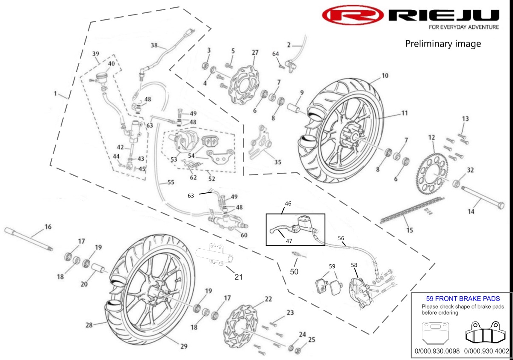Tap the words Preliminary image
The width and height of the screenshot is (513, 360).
pyautogui.click(x=443, y=44)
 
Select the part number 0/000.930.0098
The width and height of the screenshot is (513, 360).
pyautogui.click(x=437, y=351)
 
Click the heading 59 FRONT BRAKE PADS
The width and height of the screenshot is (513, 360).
pyautogui.click(x=463, y=299)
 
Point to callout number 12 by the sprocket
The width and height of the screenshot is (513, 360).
pyautogui.click(x=432, y=138)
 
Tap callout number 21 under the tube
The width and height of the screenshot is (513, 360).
pyautogui.click(x=238, y=277)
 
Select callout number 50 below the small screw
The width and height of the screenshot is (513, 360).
pyautogui.click(x=294, y=271)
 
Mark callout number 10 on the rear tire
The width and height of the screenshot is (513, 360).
pyautogui.click(x=385, y=76)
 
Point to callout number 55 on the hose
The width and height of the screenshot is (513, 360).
pyautogui.click(x=171, y=182)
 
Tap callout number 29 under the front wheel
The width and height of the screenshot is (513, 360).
pyautogui.click(x=183, y=346)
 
